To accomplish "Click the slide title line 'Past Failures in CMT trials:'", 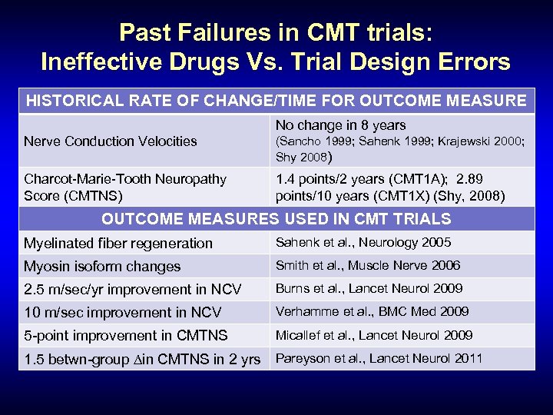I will (x=276, y=32).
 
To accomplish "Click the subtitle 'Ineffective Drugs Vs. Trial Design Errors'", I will (x=276, y=61).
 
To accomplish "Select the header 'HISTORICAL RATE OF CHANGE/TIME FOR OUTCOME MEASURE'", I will (x=276, y=101).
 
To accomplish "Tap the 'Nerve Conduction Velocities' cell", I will (x=110, y=141).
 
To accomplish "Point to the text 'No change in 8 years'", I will (x=340, y=124).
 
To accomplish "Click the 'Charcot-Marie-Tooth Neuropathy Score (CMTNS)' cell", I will (x=125, y=188).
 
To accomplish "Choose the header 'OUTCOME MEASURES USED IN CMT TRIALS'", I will (x=276, y=219).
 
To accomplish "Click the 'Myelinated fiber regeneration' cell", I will (x=118, y=244).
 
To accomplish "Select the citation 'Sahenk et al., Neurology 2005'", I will (x=363, y=243).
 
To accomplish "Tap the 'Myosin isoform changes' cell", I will (x=102, y=267).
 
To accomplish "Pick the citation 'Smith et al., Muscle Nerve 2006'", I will (x=368, y=266).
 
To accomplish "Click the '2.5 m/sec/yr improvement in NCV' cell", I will (x=132, y=290).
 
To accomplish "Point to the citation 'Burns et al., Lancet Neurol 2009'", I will (x=369, y=289).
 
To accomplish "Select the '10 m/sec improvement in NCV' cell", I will (x=122, y=313).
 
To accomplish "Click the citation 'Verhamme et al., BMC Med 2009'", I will (x=372, y=312).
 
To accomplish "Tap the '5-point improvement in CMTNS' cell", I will (x=126, y=336).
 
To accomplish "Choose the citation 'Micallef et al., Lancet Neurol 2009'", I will (x=374, y=336).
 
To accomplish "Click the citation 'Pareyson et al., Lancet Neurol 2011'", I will (x=379, y=358).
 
